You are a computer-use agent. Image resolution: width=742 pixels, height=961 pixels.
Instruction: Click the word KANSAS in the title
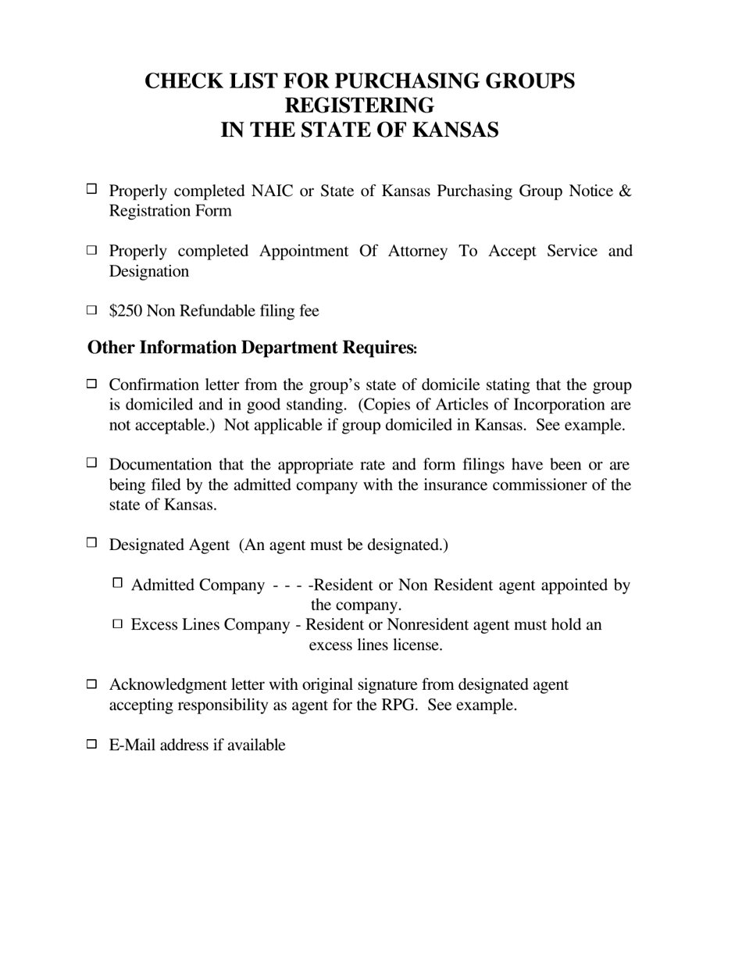click(455, 130)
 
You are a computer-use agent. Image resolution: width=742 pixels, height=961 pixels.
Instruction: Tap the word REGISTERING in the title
click(359, 105)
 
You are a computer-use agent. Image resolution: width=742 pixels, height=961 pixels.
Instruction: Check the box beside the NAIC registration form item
click(91, 188)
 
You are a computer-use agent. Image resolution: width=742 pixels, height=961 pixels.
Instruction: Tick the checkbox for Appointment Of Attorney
click(91, 250)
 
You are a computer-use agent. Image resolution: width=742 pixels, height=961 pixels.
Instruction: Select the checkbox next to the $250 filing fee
click(91, 310)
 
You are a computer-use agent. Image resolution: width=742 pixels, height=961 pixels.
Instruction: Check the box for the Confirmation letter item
click(91, 384)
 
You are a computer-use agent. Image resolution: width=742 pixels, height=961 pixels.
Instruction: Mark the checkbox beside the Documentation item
click(91, 463)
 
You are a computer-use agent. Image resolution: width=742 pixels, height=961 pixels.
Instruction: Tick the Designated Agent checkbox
click(91, 542)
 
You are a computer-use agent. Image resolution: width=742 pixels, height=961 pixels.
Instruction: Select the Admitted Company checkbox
click(118, 583)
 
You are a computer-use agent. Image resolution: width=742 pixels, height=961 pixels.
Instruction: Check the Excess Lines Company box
click(118, 623)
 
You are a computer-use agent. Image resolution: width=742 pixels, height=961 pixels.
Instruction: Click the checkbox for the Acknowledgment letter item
click(91, 684)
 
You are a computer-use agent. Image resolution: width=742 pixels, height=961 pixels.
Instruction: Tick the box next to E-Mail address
click(91, 744)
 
